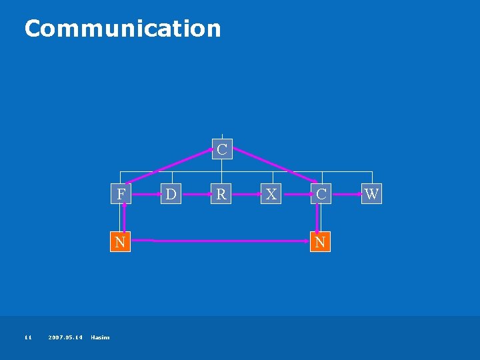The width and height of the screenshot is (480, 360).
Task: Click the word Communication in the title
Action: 122,28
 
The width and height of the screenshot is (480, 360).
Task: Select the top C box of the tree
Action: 221,149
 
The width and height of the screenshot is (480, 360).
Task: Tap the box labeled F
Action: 120,194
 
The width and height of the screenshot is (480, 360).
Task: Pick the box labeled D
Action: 171,194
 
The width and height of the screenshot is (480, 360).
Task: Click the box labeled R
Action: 221,194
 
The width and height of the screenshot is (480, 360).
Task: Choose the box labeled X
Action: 271,194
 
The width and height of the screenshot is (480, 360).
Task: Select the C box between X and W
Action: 321,194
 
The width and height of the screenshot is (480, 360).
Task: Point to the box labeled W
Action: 371,194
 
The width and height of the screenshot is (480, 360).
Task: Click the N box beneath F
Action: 120,241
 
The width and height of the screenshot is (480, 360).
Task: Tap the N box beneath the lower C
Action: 320,241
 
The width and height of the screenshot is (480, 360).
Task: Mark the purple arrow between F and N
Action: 123,218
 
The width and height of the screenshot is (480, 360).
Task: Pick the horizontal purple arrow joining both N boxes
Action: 220,239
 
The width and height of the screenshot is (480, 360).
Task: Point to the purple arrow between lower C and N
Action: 317,218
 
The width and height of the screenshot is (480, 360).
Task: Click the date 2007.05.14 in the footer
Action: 66,337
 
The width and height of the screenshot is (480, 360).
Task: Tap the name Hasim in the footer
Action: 101,337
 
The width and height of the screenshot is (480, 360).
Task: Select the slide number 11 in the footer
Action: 28,337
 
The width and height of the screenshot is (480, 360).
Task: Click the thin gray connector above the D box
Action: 171,177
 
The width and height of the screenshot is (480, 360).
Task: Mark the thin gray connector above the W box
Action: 371,177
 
